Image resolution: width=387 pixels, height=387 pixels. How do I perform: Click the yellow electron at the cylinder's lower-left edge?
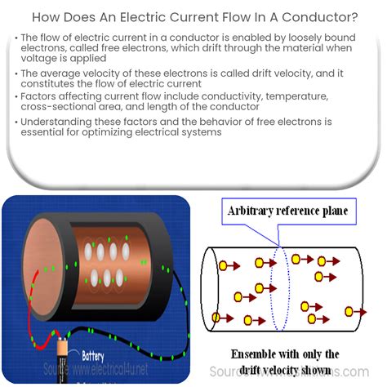click(216, 317)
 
